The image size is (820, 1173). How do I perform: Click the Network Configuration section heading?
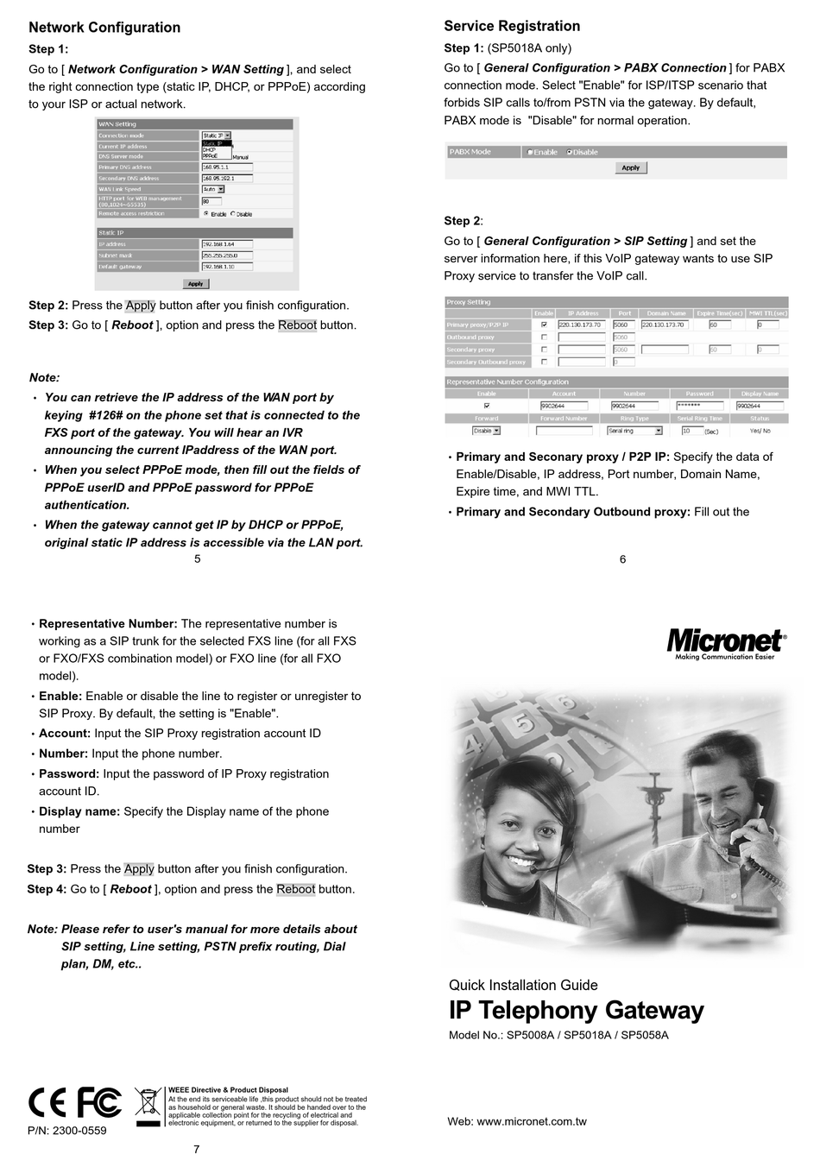[104, 28]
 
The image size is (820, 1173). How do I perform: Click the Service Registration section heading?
[512, 26]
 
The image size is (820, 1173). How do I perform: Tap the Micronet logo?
[725, 642]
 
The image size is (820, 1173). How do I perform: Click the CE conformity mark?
[47, 1102]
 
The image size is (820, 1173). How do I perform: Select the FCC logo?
[99, 1102]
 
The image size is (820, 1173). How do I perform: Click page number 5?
[198, 559]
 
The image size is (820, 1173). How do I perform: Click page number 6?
[622, 559]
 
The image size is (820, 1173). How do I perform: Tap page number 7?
[197, 1149]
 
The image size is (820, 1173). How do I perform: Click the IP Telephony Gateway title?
[576, 1011]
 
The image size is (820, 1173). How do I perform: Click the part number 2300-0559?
[67, 1130]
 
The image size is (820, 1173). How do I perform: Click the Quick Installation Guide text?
[523, 985]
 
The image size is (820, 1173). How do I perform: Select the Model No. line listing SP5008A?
[558, 1035]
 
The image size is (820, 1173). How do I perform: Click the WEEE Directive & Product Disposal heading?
[228, 1090]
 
